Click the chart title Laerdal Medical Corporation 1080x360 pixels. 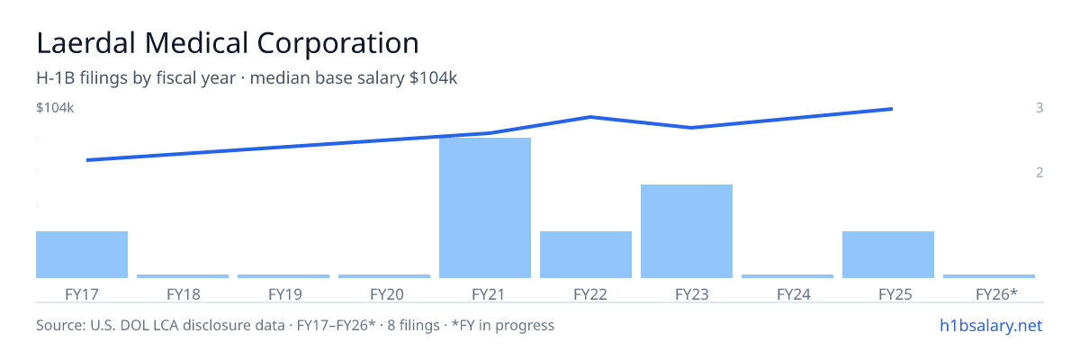click(x=228, y=43)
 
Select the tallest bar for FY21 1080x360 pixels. click(x=485, y=208)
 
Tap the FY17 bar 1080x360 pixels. click(x=82, y=255)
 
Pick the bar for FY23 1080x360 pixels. click(x=687, y=231)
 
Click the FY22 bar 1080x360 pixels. click(x=586, y=255)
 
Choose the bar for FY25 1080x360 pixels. click(x=888, y=255)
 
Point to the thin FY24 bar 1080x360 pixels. click(x=787, y=276)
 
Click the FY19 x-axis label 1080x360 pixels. click(x=285, y=294)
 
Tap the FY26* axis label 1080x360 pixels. click(x=996, y=294)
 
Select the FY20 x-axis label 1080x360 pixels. click(x=387, y=294)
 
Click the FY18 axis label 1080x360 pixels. click(x=184, y=294)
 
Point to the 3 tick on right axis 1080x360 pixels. click(x=1039, y=108)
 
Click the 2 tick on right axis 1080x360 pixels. click(x=1039, y=173)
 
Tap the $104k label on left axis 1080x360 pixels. click(x=55, y=108)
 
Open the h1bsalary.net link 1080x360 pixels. click(x=991, y=326)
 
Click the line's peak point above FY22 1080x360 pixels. click(x=590, y=117)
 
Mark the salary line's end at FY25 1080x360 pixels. click(x=893, y=109)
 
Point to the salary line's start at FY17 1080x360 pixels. click(x=87, y=160)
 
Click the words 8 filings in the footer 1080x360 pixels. click(x=413, y=326)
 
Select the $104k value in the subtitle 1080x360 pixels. click(x=433, y=78)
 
